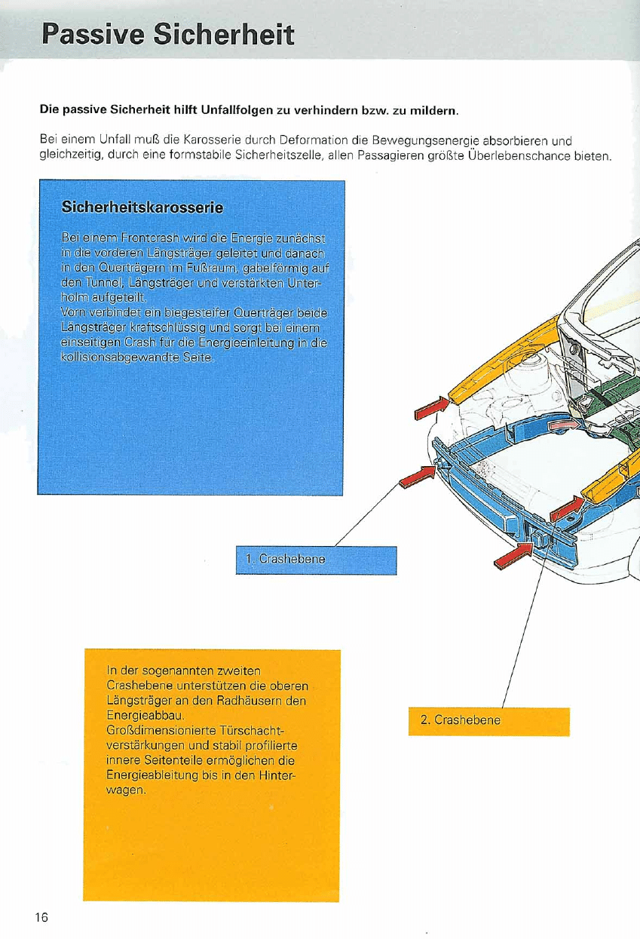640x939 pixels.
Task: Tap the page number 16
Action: (x=41, y=917)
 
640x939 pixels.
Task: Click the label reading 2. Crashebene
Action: (x=460, y=720)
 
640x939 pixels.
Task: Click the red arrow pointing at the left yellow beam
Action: (x=432, y=407)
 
